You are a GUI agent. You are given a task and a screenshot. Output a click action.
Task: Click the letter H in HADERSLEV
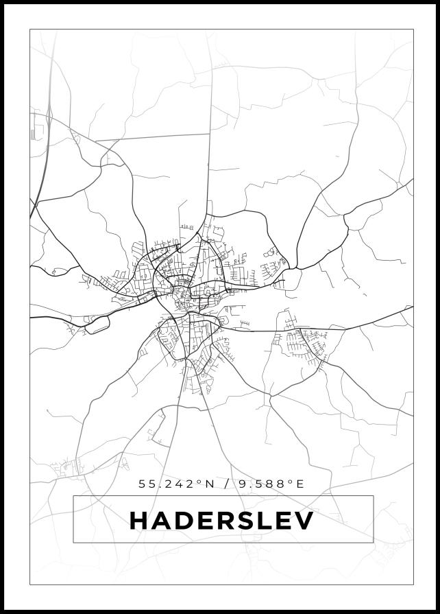click(x=140, y=520)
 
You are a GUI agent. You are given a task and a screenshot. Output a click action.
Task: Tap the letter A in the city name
click(x=162, y=520)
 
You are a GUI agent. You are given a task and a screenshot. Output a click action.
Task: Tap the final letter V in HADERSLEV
click(x=304, y=520)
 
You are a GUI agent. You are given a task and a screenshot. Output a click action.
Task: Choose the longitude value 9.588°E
click(x=271, y=484)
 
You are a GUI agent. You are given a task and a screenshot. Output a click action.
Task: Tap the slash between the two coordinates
click(x=226, y=484)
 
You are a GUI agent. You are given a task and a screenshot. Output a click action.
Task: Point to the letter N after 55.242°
click(x=210, y=484)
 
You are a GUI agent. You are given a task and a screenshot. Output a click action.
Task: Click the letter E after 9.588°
click(x=300, y=484)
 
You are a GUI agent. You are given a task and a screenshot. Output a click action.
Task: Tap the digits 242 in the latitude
click(x=180, y=484)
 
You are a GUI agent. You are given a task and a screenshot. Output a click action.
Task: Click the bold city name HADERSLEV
click(x=221, y=520)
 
